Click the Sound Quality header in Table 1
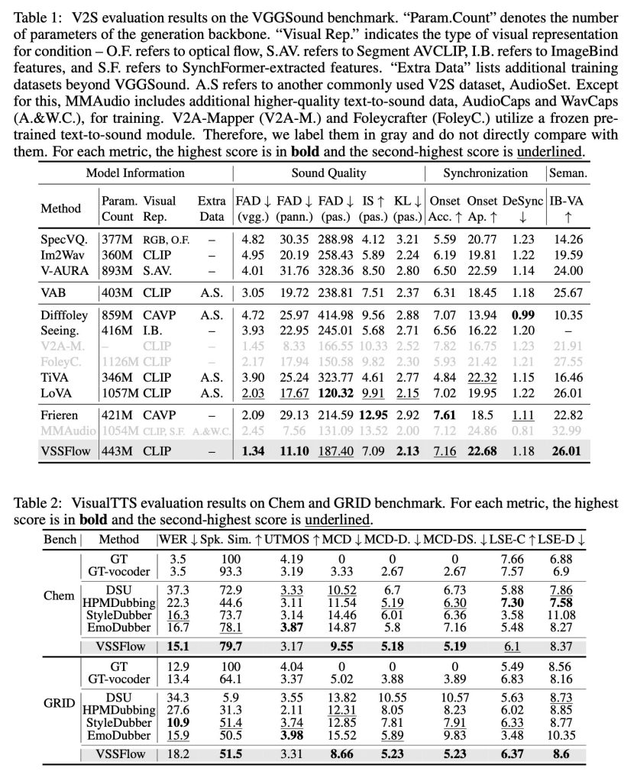point(328,173)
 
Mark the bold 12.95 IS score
point(370,415)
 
